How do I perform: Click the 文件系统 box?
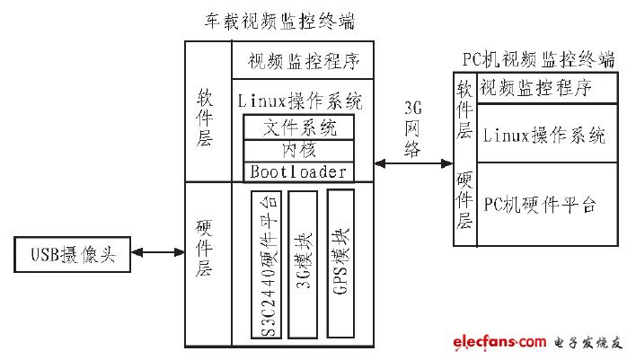298,127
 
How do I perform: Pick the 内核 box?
298,150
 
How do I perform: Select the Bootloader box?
298,171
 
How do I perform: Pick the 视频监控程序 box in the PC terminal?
546,89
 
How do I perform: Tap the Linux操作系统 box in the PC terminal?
546,135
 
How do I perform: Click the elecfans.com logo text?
488,342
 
